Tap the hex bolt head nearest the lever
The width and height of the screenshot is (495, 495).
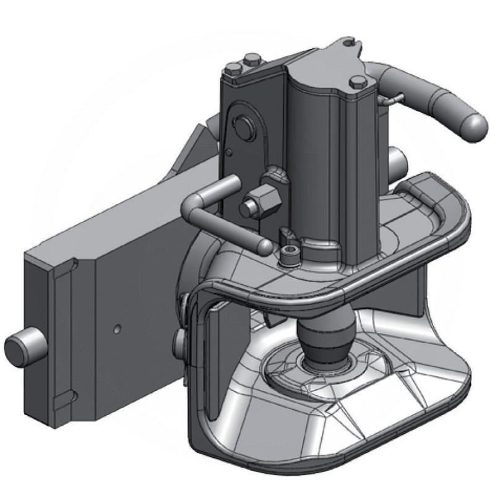pos(358,82)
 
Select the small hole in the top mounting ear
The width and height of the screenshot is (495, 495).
pos(350,43)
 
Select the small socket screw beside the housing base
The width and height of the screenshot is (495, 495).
pos(288,253)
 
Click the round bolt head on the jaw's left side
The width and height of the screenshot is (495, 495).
pos(179,340)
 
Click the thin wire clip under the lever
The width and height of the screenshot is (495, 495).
pos(392,98)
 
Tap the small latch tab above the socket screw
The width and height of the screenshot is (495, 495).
pos(286,235)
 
